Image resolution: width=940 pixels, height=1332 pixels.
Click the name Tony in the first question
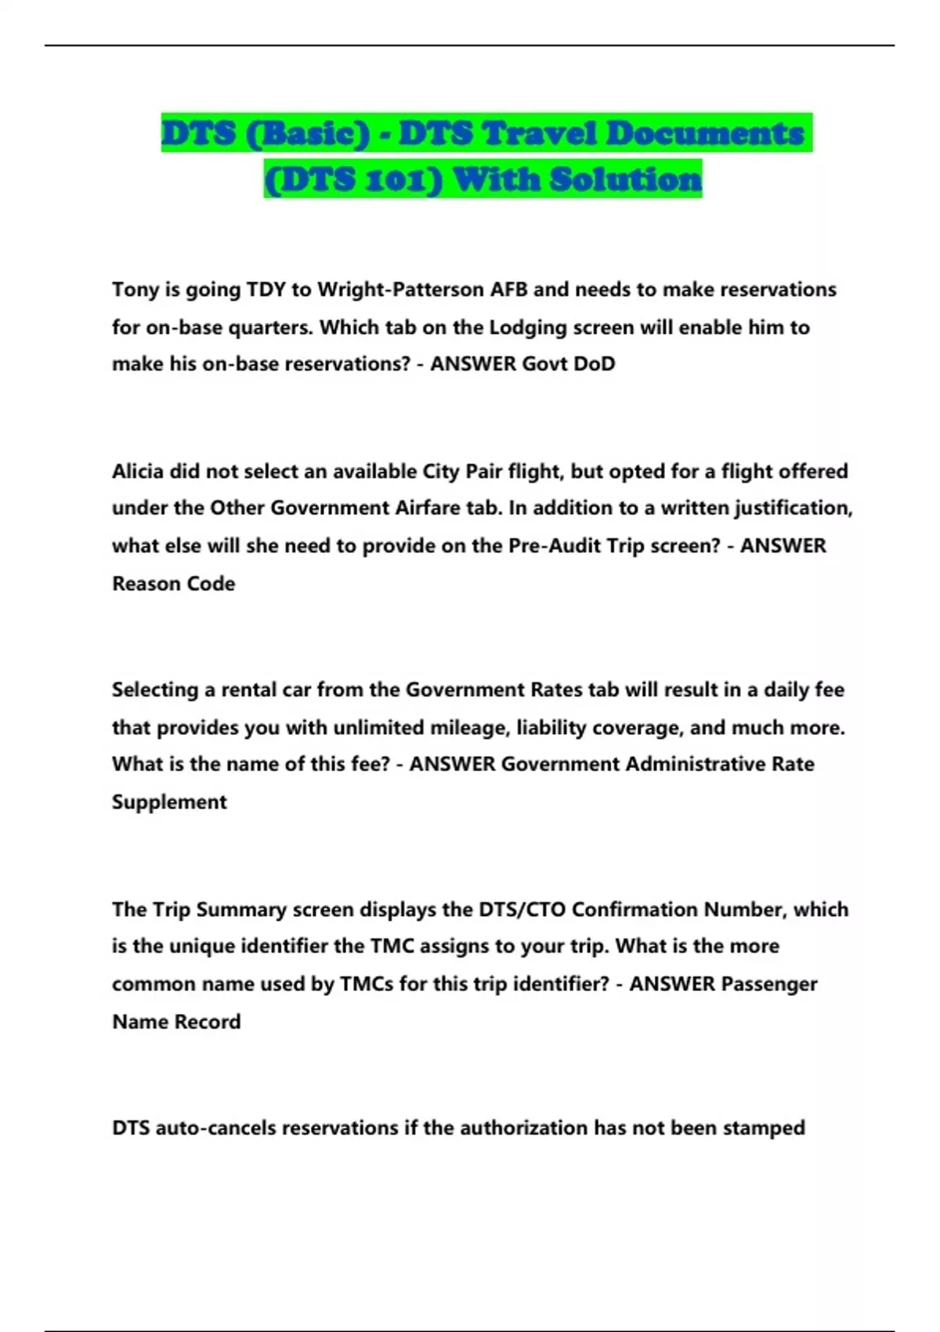pos(136,290)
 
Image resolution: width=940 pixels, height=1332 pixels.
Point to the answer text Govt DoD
pos(569,364)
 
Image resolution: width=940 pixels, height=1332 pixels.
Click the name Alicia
pos(139,472)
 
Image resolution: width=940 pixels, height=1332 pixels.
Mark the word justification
pos(792,509)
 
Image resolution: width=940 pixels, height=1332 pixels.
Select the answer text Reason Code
pos(173,584)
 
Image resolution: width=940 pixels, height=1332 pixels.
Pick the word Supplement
pos(169,802)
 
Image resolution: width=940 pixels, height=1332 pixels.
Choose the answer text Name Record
pos(176,1022)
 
